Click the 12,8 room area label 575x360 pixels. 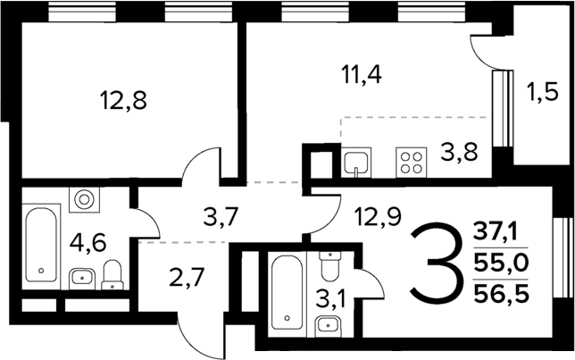tap(125, 99)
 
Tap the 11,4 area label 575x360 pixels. tap(362, 74)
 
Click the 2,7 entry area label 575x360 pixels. tap(187, 277)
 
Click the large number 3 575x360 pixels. tap(437, 265)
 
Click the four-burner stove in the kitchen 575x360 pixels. tap(412, 163)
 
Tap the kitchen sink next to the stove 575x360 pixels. tap(355, 163)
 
